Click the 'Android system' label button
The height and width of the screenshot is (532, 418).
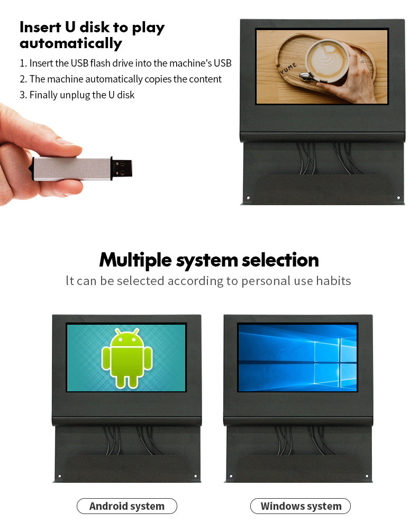(x=126, y=506)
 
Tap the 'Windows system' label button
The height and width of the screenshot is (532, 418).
(x=301, y=506)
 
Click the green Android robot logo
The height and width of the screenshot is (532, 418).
(x=126, y=358)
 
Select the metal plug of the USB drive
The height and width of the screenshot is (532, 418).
(x=122, y=168)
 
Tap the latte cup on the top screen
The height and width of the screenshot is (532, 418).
(x=327, y=61)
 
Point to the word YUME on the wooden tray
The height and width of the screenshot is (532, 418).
(x=288, y=68)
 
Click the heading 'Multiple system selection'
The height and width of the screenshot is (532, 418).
(x=209, y=261)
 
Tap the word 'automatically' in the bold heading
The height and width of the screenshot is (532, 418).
(x=71, y=43)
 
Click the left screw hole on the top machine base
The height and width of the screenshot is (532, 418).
(x=248, y=197)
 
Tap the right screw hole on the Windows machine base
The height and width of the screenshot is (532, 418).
(x=367, y=476)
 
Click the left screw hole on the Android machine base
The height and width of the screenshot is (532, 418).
(x=60, y=476)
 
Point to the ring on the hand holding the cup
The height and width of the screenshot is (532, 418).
(x=361, y=61)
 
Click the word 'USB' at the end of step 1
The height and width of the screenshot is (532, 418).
(x=222, y=63)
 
